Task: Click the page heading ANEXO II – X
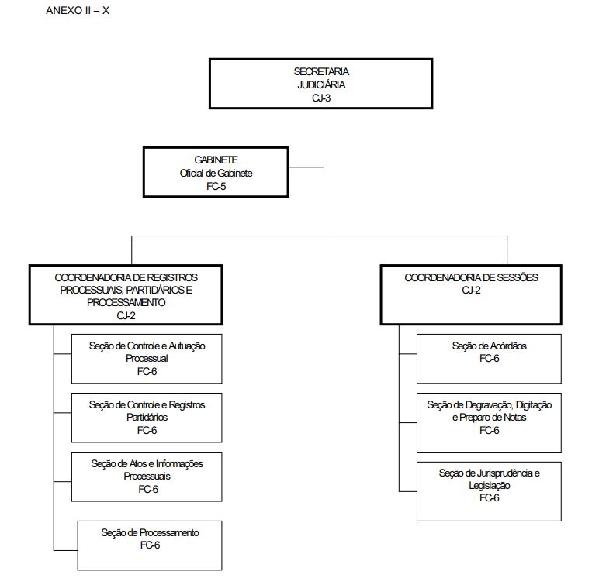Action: [x=78, y=11]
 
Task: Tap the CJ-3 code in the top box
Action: [x=321, y=98]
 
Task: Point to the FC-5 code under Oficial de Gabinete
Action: [x=216, y=186]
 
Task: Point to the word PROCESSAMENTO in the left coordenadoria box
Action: [x=126, y=303]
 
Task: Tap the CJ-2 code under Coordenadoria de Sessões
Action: [x=471, y=291]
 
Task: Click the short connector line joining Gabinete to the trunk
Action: [x=306, y=167]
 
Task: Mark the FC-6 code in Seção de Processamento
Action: [x=150, y=545]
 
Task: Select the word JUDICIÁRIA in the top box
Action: [x=321, y=84]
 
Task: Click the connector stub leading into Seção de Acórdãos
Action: [x=408, y=354]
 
